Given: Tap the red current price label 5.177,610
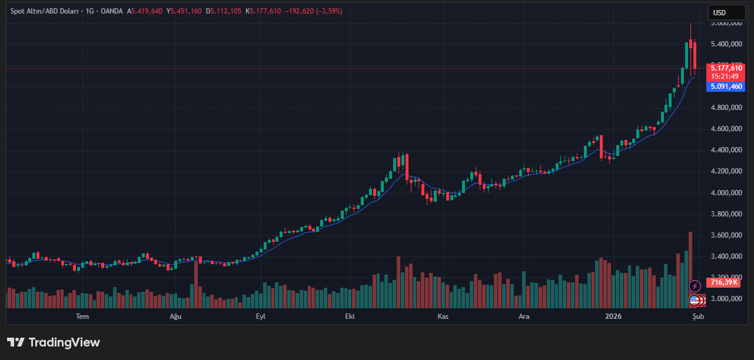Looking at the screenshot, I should (726, 68).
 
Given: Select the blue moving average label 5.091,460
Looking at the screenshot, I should (726, 86).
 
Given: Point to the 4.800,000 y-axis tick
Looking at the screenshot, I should (726, 108).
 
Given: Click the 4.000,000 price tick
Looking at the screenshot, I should (726, 193).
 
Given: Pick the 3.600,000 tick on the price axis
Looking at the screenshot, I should (726, 235).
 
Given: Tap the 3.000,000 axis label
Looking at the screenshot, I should (726, 299).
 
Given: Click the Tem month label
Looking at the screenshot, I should (82, 316).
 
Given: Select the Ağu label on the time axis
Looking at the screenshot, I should (175, 316).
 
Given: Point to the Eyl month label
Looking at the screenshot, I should (261, 316).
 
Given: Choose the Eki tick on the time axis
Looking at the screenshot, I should (350, 316).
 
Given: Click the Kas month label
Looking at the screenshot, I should (443, 316).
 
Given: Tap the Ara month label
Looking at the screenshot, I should (524, 316).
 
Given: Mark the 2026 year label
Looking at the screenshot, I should (613, 316).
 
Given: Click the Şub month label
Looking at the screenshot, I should (698, 316).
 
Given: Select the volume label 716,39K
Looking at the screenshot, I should (725, 282).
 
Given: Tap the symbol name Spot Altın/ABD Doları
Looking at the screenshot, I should (45, 11).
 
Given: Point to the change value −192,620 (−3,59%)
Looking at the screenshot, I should (313, 11).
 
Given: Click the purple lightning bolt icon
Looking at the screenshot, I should (695, 286).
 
